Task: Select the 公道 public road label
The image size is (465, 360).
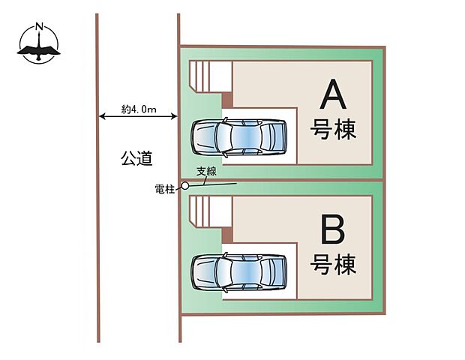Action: click(136, 158)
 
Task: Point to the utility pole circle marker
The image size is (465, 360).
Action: click(185, 186)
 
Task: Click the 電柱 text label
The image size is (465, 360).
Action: click(164, 190)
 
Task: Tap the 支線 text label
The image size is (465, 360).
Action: click(205, 172)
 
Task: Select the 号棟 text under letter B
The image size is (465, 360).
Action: click(333, 264)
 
